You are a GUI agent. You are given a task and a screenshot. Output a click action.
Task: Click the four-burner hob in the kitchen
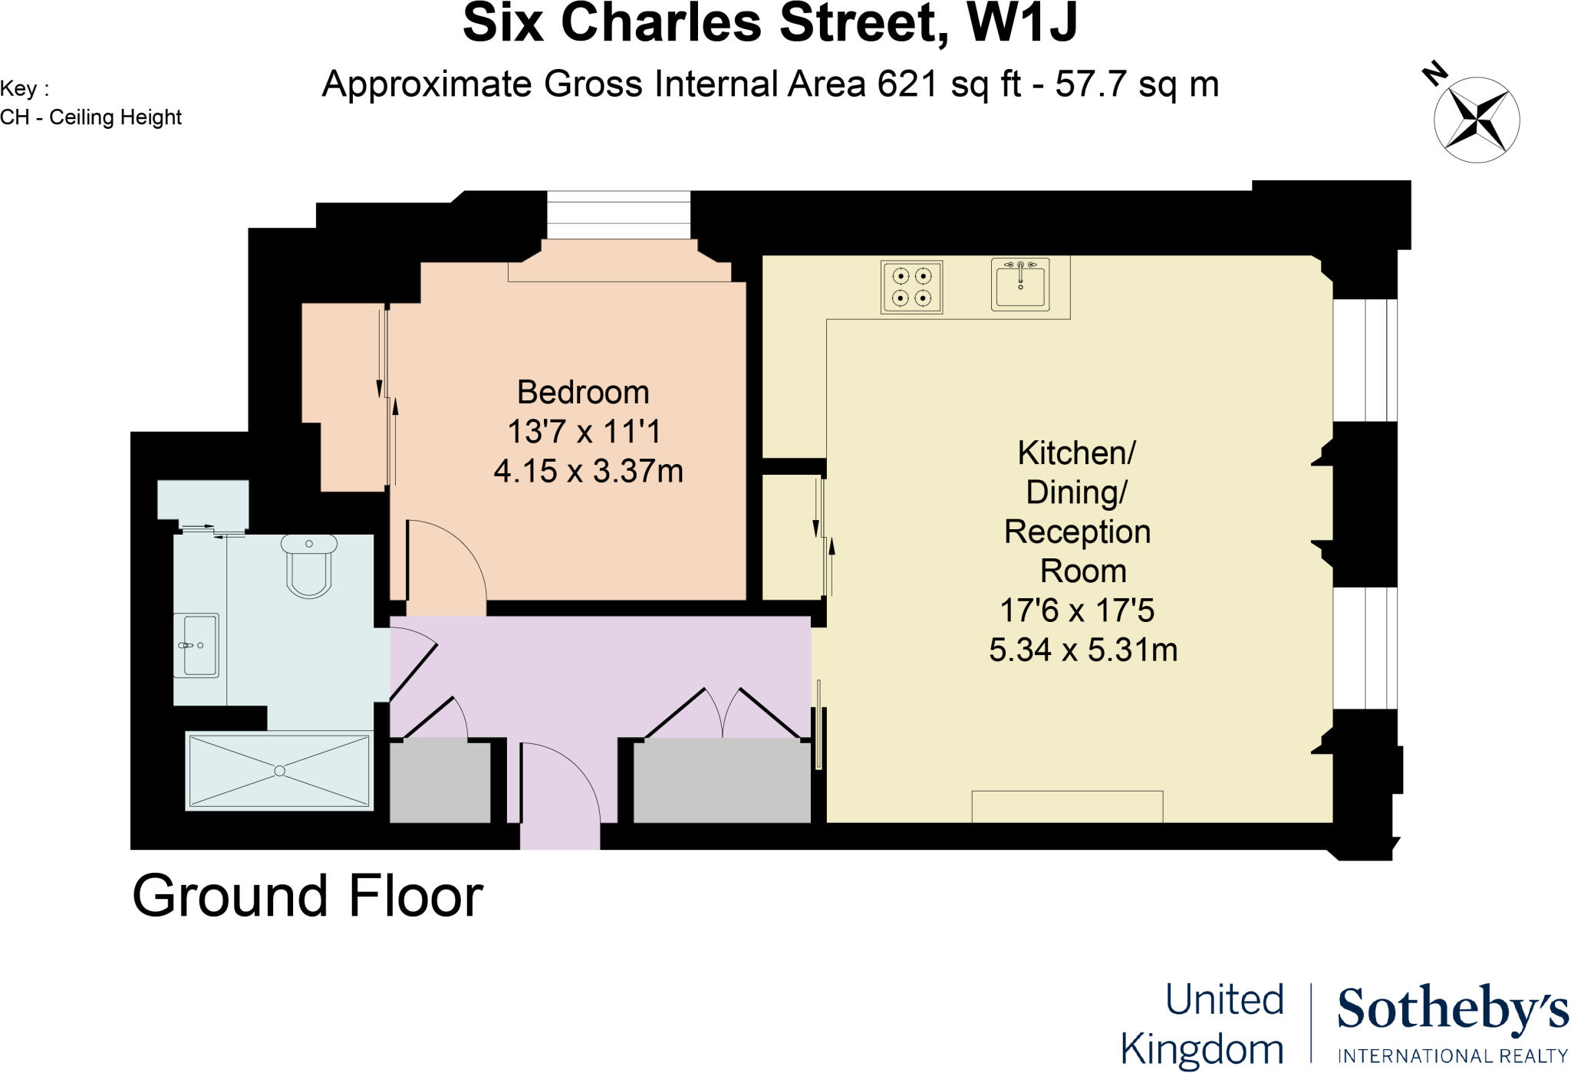click(911, 287)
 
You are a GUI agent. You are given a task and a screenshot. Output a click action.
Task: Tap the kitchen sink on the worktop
click(1020, 285)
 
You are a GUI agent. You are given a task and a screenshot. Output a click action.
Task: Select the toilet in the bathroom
click(309, 568)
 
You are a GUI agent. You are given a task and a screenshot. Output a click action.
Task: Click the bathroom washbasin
click(198, 645)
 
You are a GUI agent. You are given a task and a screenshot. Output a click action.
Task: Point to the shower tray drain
click(279, 771)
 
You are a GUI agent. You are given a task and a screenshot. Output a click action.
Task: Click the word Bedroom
click(583, 393)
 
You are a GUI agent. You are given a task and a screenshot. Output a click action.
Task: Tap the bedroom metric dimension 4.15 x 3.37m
click(588, 471)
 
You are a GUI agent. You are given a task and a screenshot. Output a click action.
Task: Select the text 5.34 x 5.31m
click(1082, 650)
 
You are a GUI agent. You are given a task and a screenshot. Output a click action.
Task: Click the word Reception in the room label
click(1077, 532)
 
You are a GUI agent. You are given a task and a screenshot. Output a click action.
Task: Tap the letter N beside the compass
click(1434, 74)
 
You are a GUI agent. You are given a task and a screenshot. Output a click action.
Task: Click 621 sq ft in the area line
click(949, 84)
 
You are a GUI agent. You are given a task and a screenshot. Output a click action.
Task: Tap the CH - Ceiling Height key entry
click(91, 117)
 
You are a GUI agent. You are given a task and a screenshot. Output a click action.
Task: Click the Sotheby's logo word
click(1452, 1010)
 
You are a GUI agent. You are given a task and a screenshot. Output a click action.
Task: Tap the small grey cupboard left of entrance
click(440, 781)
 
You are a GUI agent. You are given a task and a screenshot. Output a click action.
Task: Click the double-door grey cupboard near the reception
click(721, 781)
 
